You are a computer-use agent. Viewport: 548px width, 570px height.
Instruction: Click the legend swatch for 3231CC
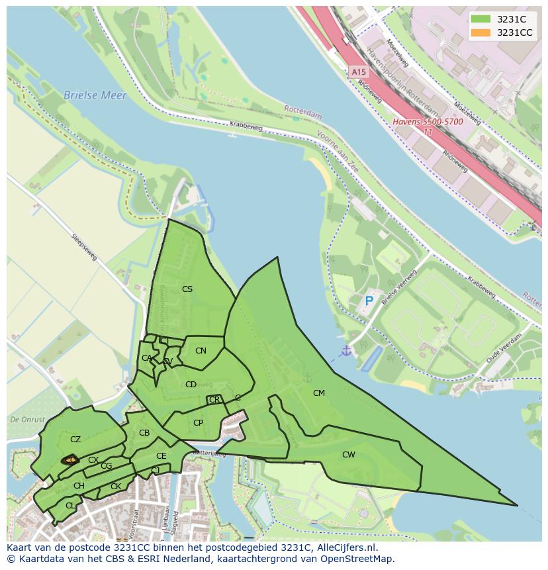point(481,32)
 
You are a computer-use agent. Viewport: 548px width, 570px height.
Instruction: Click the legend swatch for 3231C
point(481,20)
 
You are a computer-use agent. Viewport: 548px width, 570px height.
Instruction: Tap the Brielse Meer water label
point(95,95)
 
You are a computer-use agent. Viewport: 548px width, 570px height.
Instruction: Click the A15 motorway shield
point(358,71)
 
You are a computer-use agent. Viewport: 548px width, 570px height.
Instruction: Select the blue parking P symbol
point(369,301)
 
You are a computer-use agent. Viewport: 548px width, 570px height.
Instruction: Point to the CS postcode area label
point(187,289)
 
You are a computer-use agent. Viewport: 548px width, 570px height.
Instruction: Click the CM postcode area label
point(319,393)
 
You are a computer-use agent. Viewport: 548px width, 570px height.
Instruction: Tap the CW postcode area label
point(348,455)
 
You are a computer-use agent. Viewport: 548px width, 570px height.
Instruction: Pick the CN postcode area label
point(201,351)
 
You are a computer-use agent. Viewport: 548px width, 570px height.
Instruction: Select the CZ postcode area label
point(75,440)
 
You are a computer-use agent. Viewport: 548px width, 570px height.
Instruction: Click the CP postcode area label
point(198,423)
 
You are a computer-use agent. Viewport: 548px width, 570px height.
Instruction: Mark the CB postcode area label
point(144,434)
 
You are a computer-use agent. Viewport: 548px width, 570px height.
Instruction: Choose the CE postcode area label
point(161,456)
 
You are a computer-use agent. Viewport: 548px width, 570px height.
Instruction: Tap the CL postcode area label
point(70,506)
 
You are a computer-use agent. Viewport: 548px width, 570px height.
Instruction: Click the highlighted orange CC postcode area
point(69,459)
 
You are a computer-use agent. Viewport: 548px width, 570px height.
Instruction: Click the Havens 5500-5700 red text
point(428,122)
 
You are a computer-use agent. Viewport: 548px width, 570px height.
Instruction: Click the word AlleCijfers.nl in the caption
point(347,547)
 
